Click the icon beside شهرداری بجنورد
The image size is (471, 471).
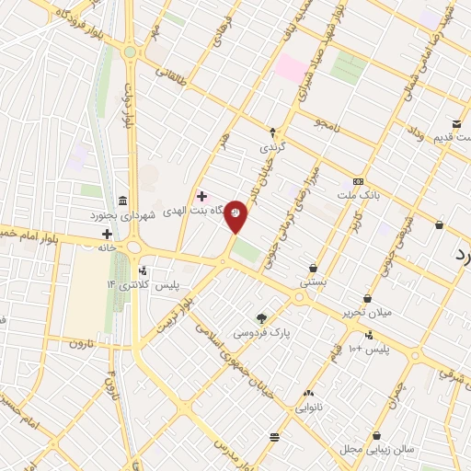click(123, 201)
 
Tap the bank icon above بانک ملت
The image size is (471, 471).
click(358, 181)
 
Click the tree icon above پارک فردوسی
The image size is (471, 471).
click(262, 317)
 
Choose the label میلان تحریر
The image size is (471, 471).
click(366, 312)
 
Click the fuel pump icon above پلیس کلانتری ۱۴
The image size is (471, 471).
click(143, 270)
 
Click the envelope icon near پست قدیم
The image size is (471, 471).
click(456, 124)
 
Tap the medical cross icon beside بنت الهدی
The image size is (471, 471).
click(201, 196)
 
